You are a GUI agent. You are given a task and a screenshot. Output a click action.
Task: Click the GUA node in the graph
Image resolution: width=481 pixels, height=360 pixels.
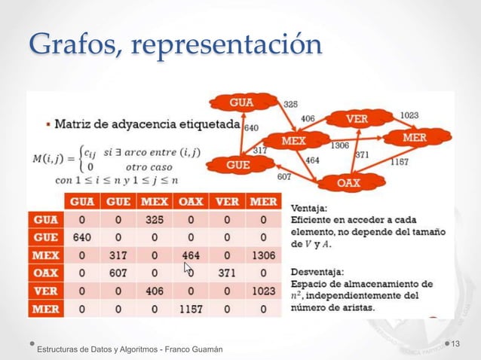(x=242, y=102)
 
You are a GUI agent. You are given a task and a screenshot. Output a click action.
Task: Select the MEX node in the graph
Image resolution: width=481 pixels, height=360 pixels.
(x=294, y=141)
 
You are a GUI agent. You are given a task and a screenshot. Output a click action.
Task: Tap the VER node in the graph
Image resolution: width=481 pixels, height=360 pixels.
(x=357, y=119)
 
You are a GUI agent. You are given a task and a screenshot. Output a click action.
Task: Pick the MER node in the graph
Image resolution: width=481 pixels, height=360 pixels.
(x=415, y=138)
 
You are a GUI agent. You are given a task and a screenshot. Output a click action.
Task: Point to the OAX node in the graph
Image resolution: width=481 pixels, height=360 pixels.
(x=348, y=182)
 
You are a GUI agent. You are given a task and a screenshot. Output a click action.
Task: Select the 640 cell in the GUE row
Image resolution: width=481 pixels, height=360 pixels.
(x=81, y=236)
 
